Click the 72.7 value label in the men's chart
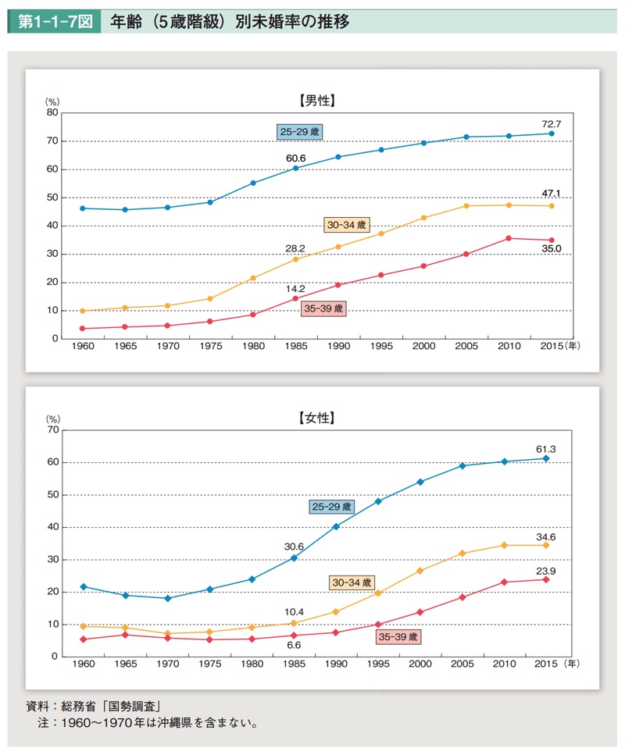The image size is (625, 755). tap(552, 124)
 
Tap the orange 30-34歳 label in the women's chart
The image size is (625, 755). tap(352, 582)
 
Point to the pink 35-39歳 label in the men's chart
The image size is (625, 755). tap(323, 308)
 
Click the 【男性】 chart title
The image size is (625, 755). tap(316, 100)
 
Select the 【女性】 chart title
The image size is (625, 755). tap(316, 418)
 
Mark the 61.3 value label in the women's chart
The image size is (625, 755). tap(546, 449)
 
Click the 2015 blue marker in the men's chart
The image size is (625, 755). tap(552, 134)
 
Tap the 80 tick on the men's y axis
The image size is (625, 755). tap(53, 112)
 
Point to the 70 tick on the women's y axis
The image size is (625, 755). tap(53, 429)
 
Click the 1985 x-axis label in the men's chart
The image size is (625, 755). tap(295, 346)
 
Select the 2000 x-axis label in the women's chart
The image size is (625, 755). tap(420, 664)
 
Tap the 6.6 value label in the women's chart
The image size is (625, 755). tap(295, 645)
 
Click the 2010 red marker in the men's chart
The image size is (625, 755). tap(509, 238)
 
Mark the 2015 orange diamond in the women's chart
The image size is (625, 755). tap(546, 545)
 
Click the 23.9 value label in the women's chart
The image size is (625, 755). tap(546, 571)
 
